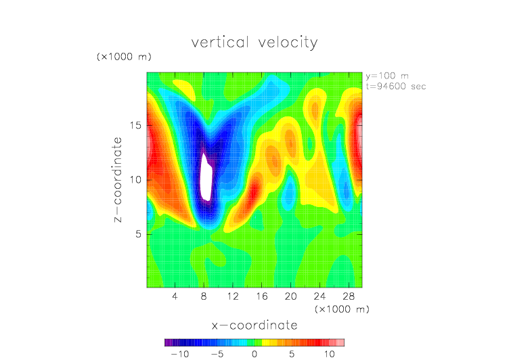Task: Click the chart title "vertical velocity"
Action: click(255, 43)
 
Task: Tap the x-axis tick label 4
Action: click(175, 296)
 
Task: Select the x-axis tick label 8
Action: click(204, 296)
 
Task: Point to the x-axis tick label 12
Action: click(233, 296)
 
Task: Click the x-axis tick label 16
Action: click(262, 296)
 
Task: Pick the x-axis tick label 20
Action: click(290, 296)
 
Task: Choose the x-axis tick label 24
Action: click(319, 296)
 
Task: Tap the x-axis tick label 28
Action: click(349, 296)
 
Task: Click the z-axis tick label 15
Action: click(135, 125)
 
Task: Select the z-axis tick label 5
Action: click(139, 234)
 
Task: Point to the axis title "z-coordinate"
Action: click(118, 179)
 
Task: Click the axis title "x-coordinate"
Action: click(255, 325)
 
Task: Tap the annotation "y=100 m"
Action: click(387, 76)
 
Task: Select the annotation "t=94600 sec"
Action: click(396, 87)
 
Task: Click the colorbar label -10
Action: click(180, 354)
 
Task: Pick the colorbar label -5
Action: click(217, 354)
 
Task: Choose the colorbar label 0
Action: click(255, 354)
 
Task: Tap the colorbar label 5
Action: click(292, 354)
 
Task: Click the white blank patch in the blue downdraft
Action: click(206, 177)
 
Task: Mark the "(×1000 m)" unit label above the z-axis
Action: click(124, 57)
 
